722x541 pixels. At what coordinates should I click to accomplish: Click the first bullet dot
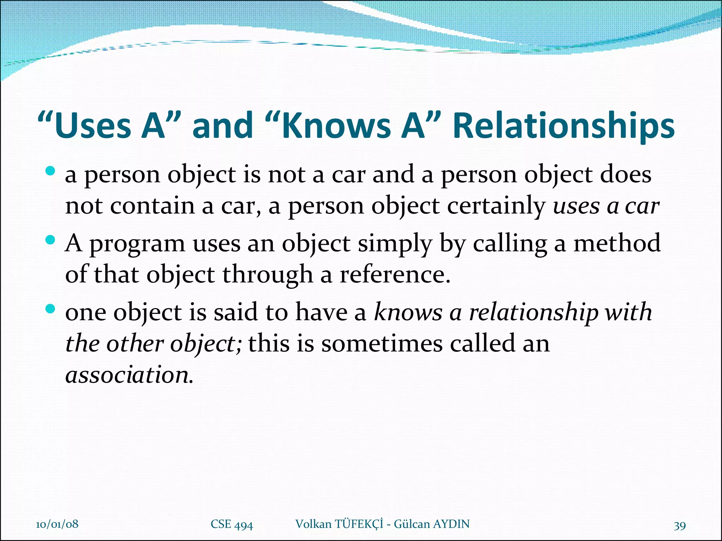coord(50,172)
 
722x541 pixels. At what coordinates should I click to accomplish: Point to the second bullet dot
coord(50,240)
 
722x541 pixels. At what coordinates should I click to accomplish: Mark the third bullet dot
coord(50,309)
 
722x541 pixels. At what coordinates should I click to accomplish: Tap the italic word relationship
coord(533,313)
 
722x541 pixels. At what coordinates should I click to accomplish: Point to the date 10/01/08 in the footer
coord(57,524)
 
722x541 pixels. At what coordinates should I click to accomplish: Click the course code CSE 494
coord(232,524)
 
